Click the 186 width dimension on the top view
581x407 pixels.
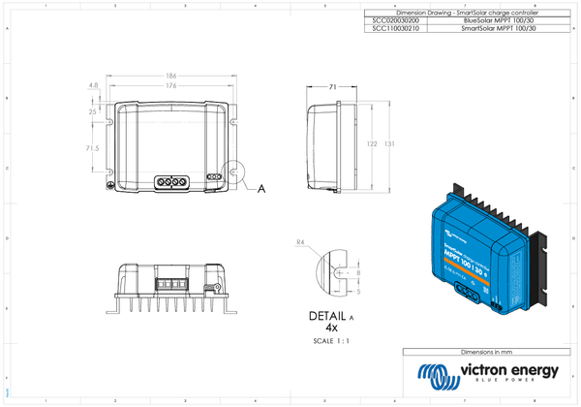[170, 75]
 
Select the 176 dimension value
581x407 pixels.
[170, 85]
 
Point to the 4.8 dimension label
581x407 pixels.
[93, 86]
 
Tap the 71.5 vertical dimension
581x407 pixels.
[92, 148]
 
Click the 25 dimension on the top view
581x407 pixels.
[92, 112]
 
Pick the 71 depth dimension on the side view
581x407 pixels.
[332, 87]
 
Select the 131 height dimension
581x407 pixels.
[388, 143]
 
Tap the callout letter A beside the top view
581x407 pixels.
[261, 190]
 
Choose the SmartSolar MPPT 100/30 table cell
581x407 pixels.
[499, 29]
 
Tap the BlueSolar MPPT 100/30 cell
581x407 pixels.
[499, 20]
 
